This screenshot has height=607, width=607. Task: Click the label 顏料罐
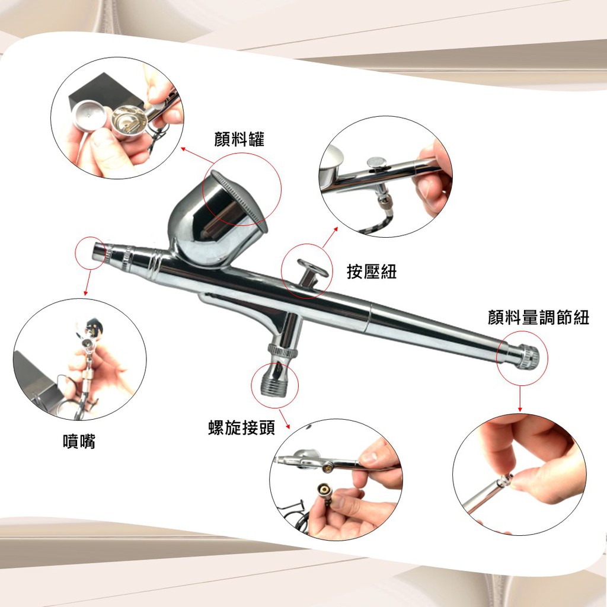click(x=239, y=139)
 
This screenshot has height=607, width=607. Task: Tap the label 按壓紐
click(x=372, y=271)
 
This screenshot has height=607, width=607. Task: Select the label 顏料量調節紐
click(x=538, y=318)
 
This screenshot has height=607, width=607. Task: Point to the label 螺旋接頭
click(x=242, y=428)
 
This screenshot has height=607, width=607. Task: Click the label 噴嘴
click(x=79, y=441)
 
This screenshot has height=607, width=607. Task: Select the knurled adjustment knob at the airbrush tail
click(x=528, y=356)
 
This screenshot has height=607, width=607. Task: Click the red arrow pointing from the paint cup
click(x=197, y=155)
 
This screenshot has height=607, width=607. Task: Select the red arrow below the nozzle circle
click(x=88, y=283)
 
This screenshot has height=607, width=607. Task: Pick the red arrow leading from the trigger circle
click(x=330, y=237)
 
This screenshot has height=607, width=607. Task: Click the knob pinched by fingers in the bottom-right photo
click(x=506, y=481)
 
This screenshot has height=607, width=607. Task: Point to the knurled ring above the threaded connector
click(x=283, y=352)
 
